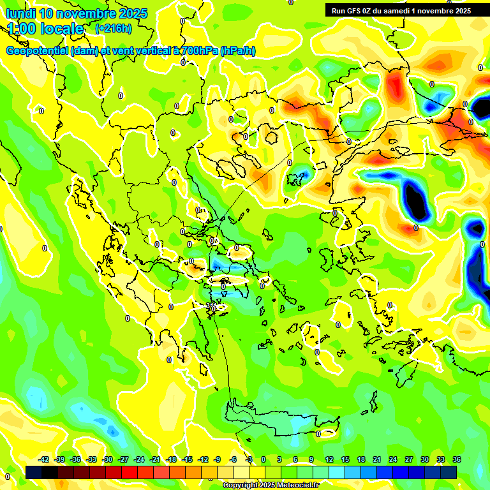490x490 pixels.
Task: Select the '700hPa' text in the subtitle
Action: click(x=198, y=51)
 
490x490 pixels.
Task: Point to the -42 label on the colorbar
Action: click(x=44, y=459)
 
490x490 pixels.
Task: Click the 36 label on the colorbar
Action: click(x=456, y=459)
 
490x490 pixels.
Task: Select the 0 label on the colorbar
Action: click(x=264, y=459)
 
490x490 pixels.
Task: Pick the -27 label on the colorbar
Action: click(x=123, y=459)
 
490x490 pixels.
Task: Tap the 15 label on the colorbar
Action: click(x=345, y=459)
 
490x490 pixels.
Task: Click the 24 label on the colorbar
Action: click(x=392, y=459)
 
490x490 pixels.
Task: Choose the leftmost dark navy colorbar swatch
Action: click(x=34, y=472)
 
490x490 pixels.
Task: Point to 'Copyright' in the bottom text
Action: click(x=240, y=486)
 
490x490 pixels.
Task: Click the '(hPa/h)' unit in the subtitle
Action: click(x=237, y=51)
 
